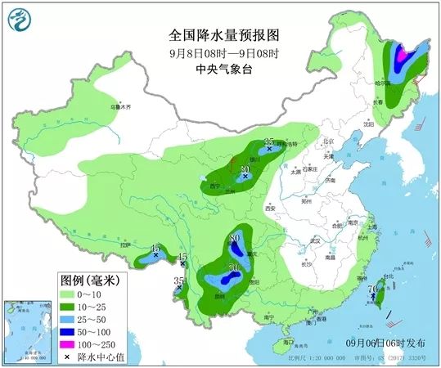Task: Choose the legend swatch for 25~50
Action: point(69,319)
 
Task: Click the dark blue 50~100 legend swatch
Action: point(69,332)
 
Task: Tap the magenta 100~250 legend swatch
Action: point(69,345)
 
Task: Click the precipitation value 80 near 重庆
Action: point(236,238)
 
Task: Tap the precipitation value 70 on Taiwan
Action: point(372,289)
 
